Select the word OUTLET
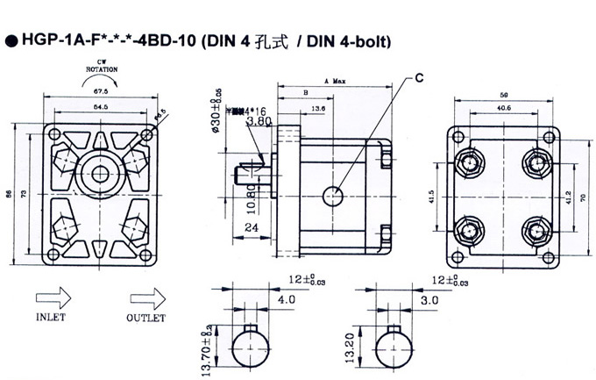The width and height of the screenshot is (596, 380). click(142, 317)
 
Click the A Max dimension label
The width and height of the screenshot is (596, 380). click(336, 81)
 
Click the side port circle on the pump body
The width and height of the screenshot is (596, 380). click(332, 196)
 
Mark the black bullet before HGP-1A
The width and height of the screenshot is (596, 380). click(12, 40)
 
